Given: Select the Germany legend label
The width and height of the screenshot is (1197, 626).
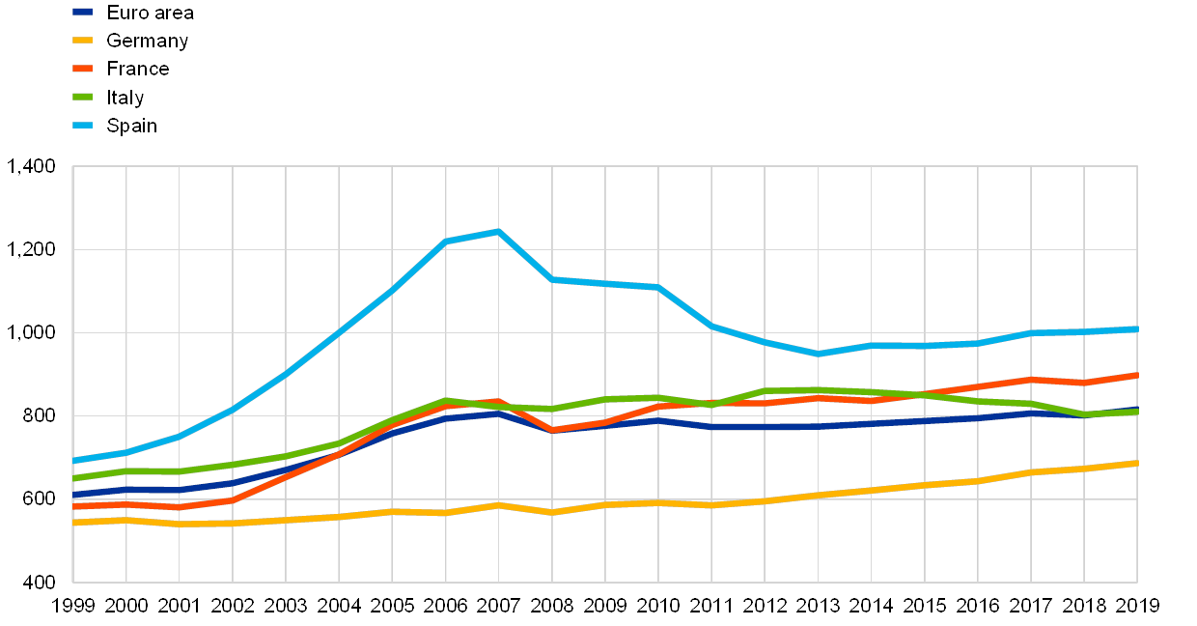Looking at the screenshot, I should coord(147,41).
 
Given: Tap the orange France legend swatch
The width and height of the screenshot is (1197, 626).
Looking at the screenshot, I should coord(83,69).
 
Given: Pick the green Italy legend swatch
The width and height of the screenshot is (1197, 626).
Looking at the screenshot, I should coord(83,97).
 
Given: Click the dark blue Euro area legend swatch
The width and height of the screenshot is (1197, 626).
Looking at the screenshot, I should coord(83,13).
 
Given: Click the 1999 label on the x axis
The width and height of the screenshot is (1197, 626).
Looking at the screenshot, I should coord(73,606).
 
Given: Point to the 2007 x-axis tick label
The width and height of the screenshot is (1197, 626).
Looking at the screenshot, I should coord(498,606).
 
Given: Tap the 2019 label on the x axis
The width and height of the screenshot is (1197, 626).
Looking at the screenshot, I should coord(1136,606).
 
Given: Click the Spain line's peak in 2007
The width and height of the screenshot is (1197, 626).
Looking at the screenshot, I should coord(498,232).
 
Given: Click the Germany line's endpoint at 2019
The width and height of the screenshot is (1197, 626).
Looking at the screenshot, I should coord(1136,464).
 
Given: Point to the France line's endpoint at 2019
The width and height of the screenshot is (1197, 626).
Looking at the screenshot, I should coord(1136,375).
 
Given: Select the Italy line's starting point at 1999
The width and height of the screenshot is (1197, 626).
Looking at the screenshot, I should coord(74,478).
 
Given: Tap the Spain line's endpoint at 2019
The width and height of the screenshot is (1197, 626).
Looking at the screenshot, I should coord(1136,329).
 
